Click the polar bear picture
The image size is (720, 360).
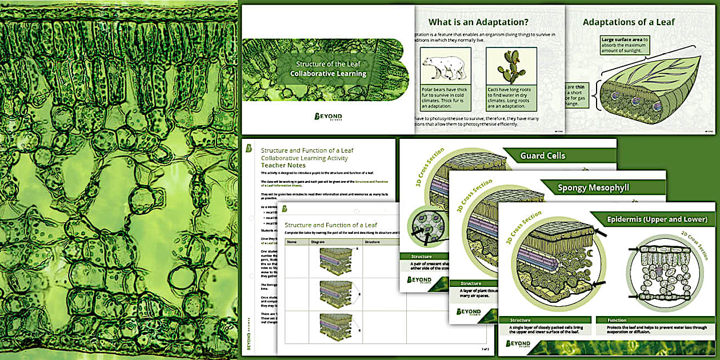(445, 66)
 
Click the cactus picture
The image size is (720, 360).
(511, 66)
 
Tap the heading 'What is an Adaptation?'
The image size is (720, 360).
(478, 23)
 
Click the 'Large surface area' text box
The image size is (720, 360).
(625, 45)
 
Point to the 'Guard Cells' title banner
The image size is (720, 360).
(542, 155)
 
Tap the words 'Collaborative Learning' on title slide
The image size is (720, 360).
(328, 74)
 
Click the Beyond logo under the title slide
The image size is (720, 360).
(328, 117)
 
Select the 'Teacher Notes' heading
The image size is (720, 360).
(283, 165)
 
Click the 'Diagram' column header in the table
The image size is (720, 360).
(318, 242)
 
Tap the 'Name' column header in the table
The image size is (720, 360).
(292, 242)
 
